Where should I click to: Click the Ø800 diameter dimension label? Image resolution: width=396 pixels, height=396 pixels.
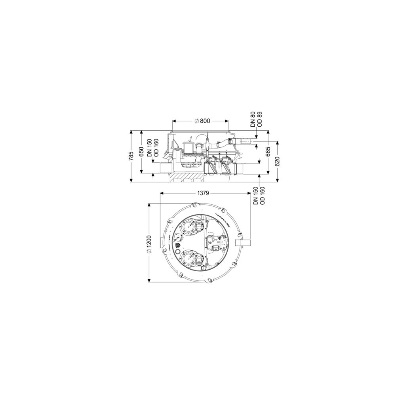[x=202, y=121]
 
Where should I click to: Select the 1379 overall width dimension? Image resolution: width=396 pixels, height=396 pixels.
[x=203, y=193]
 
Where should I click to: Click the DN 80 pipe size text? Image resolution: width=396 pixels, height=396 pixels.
[x=253, y=119]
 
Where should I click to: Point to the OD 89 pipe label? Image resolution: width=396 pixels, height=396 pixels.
[x=259, y=119]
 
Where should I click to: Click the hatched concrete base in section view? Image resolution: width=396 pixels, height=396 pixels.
[x=187, y=178]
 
